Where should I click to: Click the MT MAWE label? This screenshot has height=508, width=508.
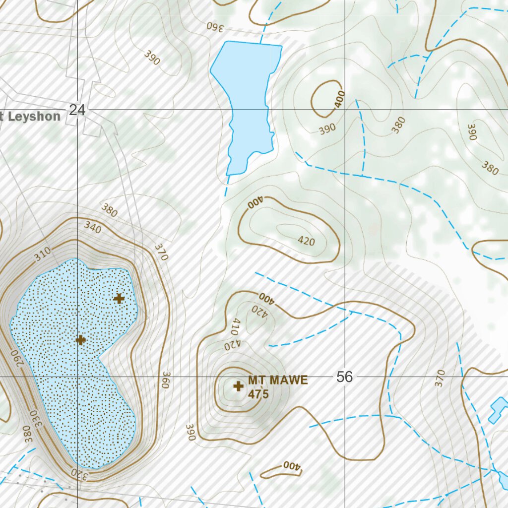click(x=278, y=381)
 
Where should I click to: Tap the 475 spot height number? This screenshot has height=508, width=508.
click(x=258, y=394)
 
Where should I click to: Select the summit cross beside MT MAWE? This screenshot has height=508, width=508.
click(x=238, y=385)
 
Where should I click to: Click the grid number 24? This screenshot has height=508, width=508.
click(x=77, y=110)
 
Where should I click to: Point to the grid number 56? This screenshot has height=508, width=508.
click(x=344, y=377)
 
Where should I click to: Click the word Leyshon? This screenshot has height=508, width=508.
click(x=34, y=117)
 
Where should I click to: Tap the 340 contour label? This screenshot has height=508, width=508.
click(x=93, y=228)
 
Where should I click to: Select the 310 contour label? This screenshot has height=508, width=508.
click(x=43, y=255)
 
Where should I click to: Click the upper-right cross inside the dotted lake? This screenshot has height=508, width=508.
click(x=119, y=298)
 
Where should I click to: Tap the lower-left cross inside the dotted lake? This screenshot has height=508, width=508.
click(x=81, y=340)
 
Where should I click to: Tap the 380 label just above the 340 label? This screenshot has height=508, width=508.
click(x=109, y=210)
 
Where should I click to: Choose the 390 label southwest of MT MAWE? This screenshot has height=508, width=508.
click(x=190, y=432)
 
